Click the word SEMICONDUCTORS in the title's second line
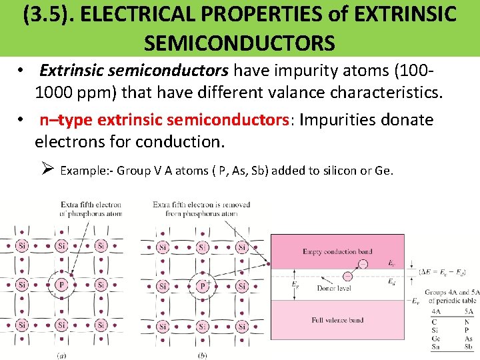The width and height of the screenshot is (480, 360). click(x=239, y=43)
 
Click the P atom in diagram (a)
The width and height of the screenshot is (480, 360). click(x=61, y=285)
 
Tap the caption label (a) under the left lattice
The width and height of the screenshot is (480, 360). click(x=61, y=355)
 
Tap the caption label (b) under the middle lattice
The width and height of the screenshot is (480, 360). click(x=202, y=355)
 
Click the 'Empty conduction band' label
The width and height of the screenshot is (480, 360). click(x=337, y=251)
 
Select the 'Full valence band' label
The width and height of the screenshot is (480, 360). click(x=337, y=320)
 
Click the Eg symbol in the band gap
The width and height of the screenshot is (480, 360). click(x=295, y=284)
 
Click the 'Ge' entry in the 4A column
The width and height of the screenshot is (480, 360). click(x=435, y=338)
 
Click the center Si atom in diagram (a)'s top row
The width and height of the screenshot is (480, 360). click(x=61, y=246)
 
